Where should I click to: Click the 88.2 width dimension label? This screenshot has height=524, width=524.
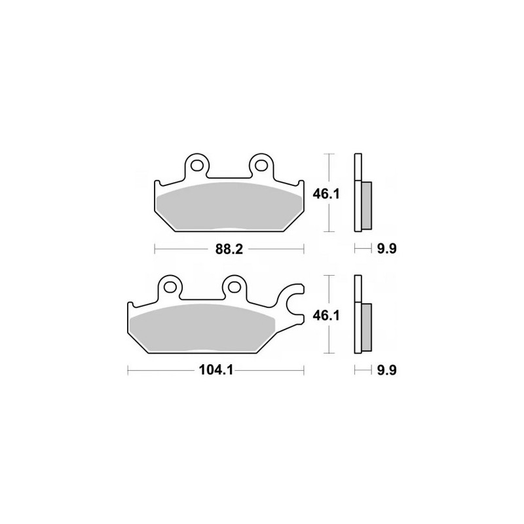point(229,249)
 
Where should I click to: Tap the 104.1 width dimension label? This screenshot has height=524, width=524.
point(216,370)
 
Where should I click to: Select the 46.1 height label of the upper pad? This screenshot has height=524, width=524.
point(326,194)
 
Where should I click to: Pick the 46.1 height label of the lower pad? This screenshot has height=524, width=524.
point(326,315)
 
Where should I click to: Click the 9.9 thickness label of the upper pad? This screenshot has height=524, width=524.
point(386,249)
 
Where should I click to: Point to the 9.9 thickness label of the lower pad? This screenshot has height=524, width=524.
point(386,370)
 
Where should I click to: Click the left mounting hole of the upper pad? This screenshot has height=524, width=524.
point(197,164)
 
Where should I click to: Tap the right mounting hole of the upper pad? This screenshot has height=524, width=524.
point(262,164)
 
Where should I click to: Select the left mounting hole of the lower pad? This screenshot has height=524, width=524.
point(170,286)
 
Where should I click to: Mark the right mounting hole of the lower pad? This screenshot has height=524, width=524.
point(235,286)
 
